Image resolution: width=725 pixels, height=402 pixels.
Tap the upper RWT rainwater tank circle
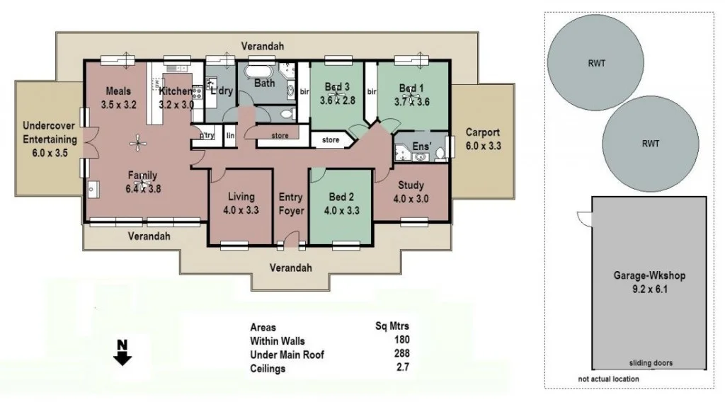[596, 62]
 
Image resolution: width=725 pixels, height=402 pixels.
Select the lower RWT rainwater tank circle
[651, 143]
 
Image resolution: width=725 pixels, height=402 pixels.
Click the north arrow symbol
[122, 352]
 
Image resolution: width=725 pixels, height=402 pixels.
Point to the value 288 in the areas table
[401, 354]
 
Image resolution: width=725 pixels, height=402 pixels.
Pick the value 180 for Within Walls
[401, 340]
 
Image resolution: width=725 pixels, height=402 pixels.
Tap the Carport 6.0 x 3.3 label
[483, 139]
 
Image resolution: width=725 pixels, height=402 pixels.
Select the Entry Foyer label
[291, 204]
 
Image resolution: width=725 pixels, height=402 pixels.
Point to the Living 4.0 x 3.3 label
[241, 204]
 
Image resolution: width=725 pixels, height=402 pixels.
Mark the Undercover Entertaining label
[50, 139]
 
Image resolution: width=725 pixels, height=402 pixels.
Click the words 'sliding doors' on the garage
[651, 363]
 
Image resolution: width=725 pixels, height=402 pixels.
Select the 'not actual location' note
[608, 379]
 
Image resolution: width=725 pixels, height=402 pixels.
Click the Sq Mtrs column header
[392, 327]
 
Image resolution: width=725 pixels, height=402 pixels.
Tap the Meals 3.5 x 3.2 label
[119, 98]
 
